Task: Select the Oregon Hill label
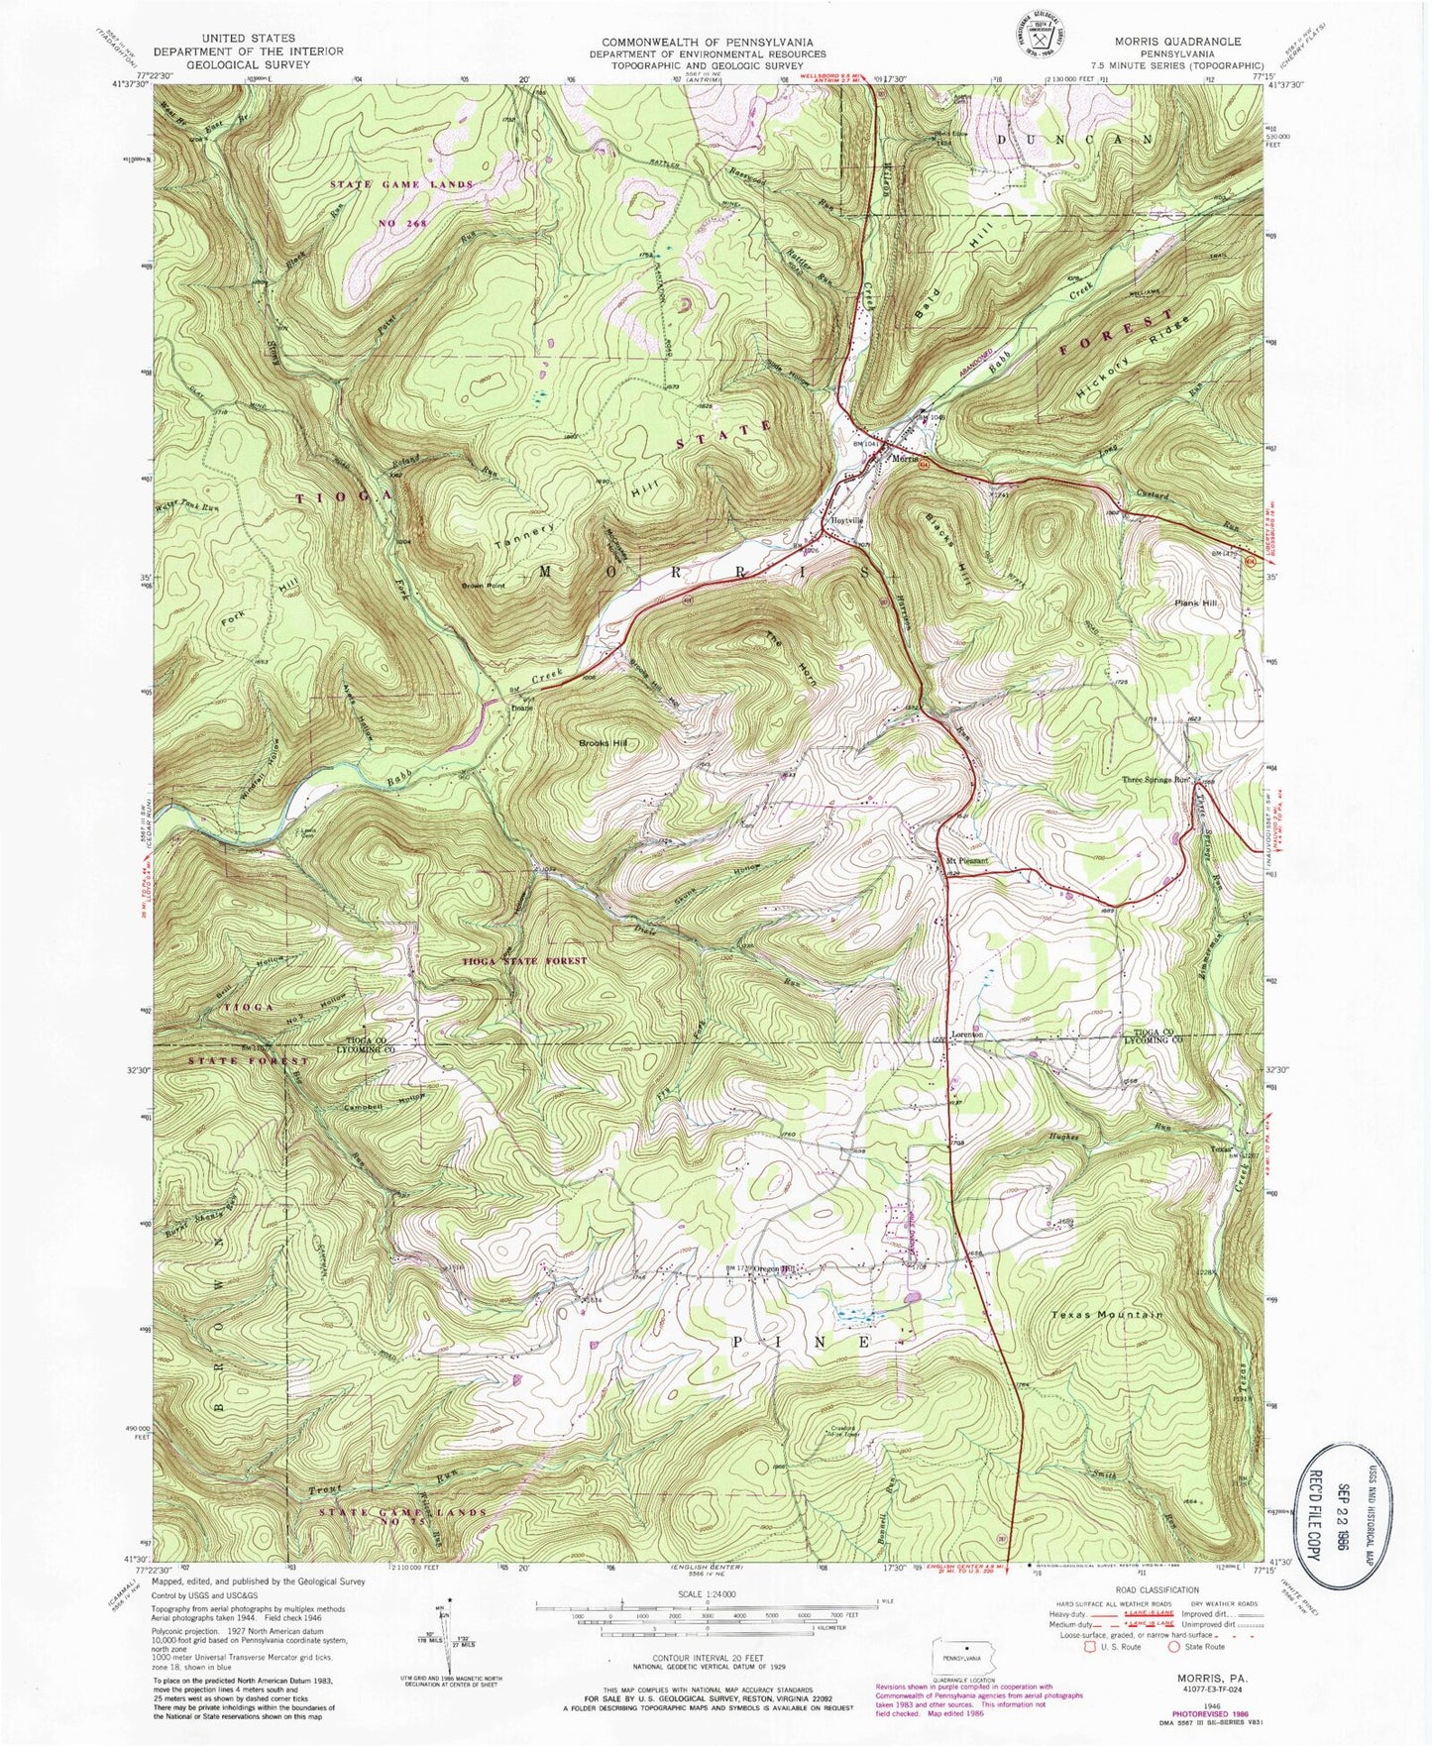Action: (776, 1269)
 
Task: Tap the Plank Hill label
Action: (1197, 602)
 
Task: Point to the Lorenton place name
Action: (971, 1035)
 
